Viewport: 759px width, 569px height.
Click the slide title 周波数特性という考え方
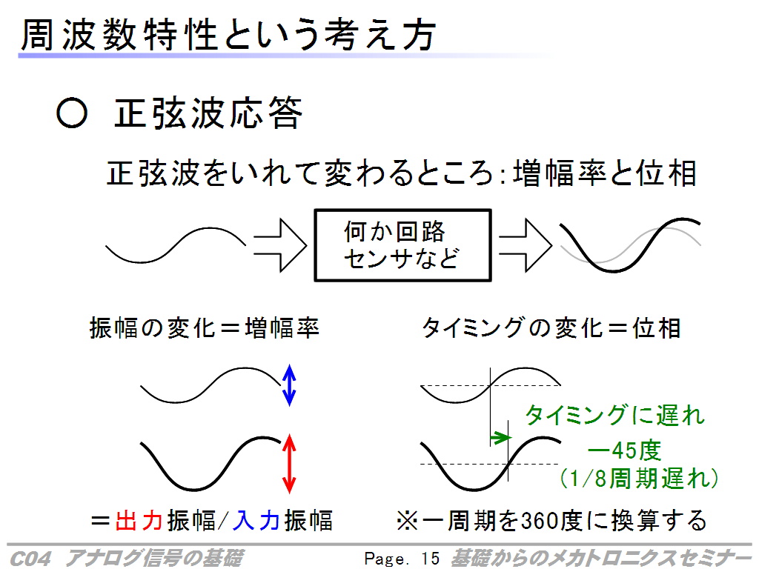[228, 35]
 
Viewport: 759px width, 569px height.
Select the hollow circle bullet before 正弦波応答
[72, 113]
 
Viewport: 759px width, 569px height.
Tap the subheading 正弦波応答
[208, 113]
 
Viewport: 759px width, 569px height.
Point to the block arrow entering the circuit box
[280, 245]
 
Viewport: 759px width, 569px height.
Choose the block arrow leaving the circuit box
[526, 245]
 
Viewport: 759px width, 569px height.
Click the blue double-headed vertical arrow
[289, 385]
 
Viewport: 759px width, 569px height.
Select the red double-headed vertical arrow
[289, 464]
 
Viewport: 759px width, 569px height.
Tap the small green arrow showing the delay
[500, 438]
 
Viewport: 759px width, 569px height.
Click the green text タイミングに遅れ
[614, 415]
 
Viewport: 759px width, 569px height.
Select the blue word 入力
[256, 521]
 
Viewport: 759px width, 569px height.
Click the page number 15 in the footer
[430, 559]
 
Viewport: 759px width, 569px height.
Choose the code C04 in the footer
[30, 559]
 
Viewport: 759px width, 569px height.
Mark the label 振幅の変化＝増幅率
[205, 328]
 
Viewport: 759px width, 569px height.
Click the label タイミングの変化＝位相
[551, 328]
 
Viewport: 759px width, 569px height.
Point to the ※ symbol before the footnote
[407, 521]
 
